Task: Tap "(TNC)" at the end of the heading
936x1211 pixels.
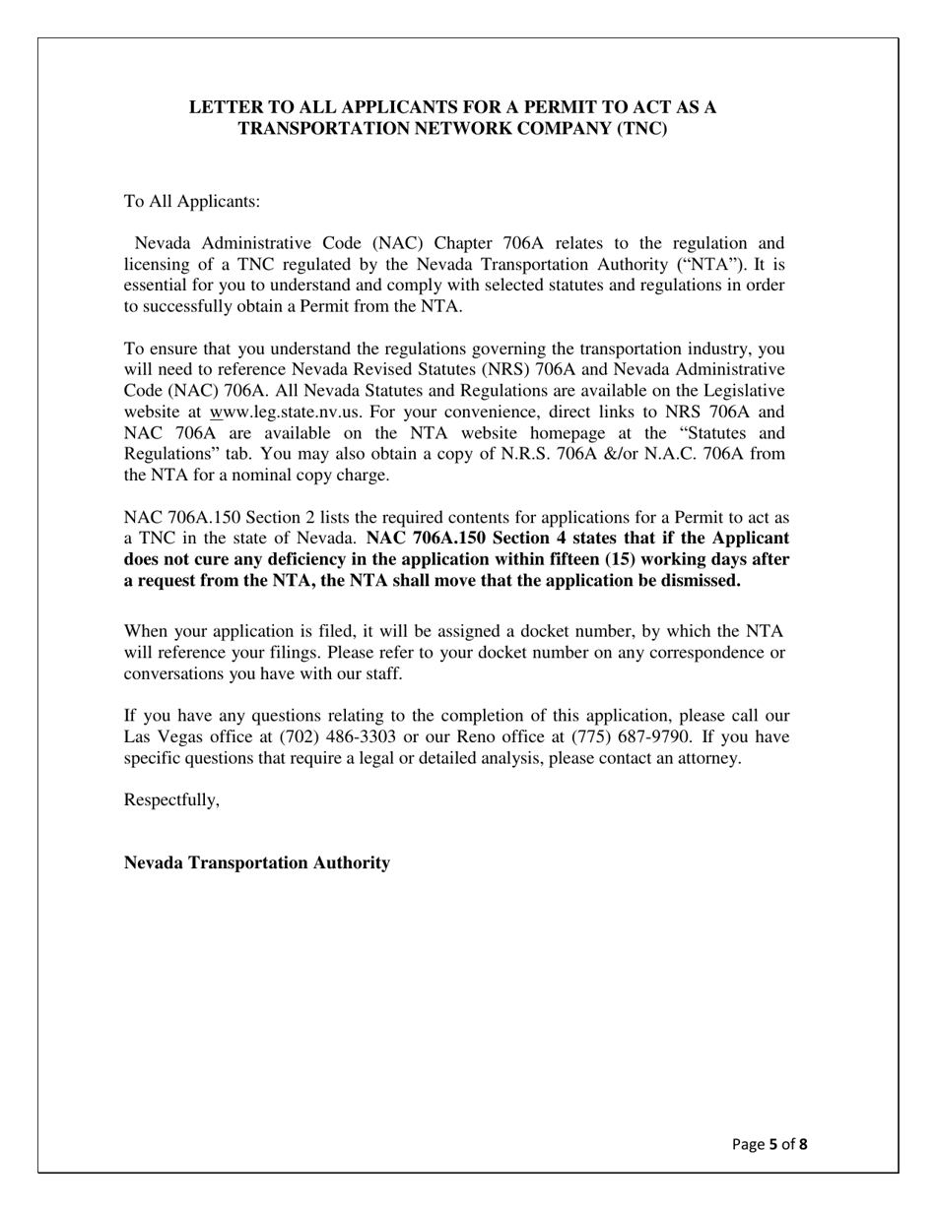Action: (x=641, y=128)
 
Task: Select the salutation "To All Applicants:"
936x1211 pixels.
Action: (x=192, y=202)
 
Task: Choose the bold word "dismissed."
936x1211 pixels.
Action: (x=696, y=580)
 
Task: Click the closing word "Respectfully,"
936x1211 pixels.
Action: (x=171, y=799)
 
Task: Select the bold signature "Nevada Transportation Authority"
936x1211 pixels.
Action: (x=256, y=862)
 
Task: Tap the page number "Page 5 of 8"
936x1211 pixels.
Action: (x=769, y=1144)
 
